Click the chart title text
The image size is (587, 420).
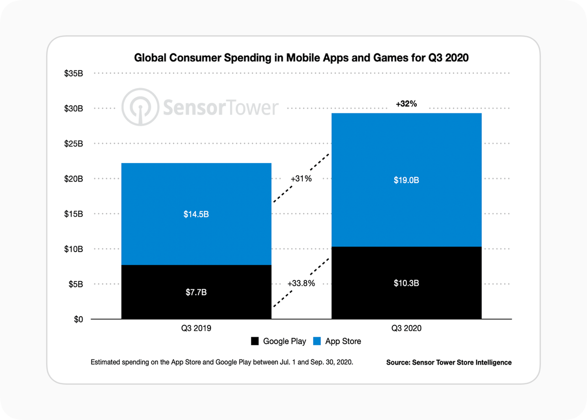pos(301,58)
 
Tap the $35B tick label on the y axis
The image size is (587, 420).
pos(73,73)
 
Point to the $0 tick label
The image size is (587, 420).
pos(78,319)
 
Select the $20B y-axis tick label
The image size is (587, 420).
pos(73,179)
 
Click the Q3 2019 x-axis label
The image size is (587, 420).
pos(196,328)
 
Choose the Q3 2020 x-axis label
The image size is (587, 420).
pos(406,328)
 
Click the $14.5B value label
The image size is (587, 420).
pos(196,215)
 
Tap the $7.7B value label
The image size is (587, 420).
pos(196,293)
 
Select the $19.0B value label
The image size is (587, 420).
pos(406,180)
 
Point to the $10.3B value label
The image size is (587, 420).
pos(406,283)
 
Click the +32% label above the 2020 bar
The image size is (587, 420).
pos(406,104)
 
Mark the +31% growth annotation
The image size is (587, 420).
pos(301,179)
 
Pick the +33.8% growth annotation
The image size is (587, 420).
pos(301,283)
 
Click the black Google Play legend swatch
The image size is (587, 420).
pos(255,341)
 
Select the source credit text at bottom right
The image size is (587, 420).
pos(449,363)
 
